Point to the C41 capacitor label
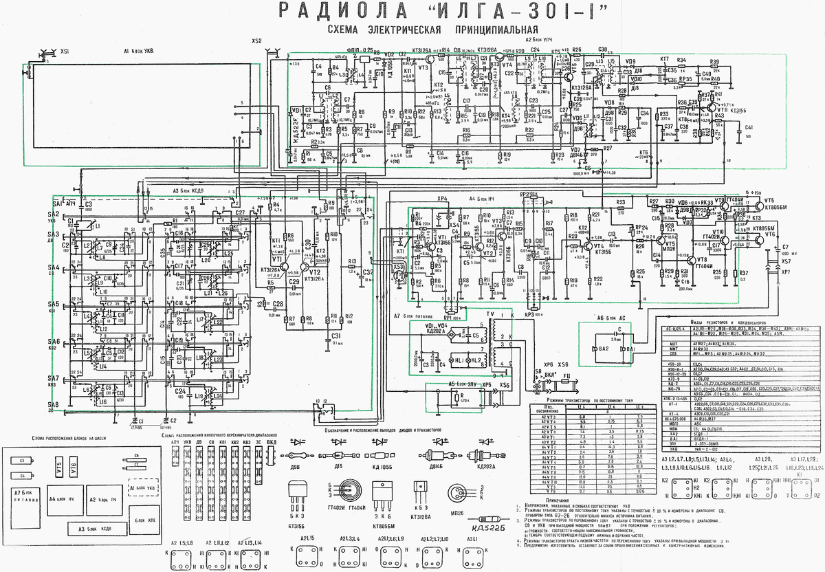coord(749,128)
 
